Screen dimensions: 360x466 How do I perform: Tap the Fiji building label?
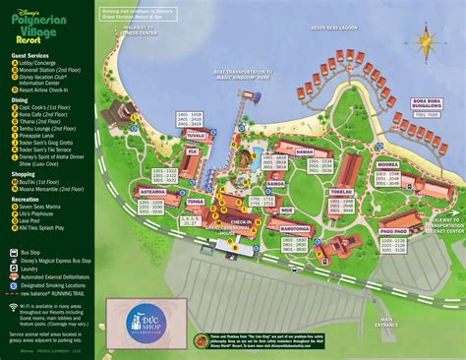coord(192,152)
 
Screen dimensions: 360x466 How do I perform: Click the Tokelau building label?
coord(340,193)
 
